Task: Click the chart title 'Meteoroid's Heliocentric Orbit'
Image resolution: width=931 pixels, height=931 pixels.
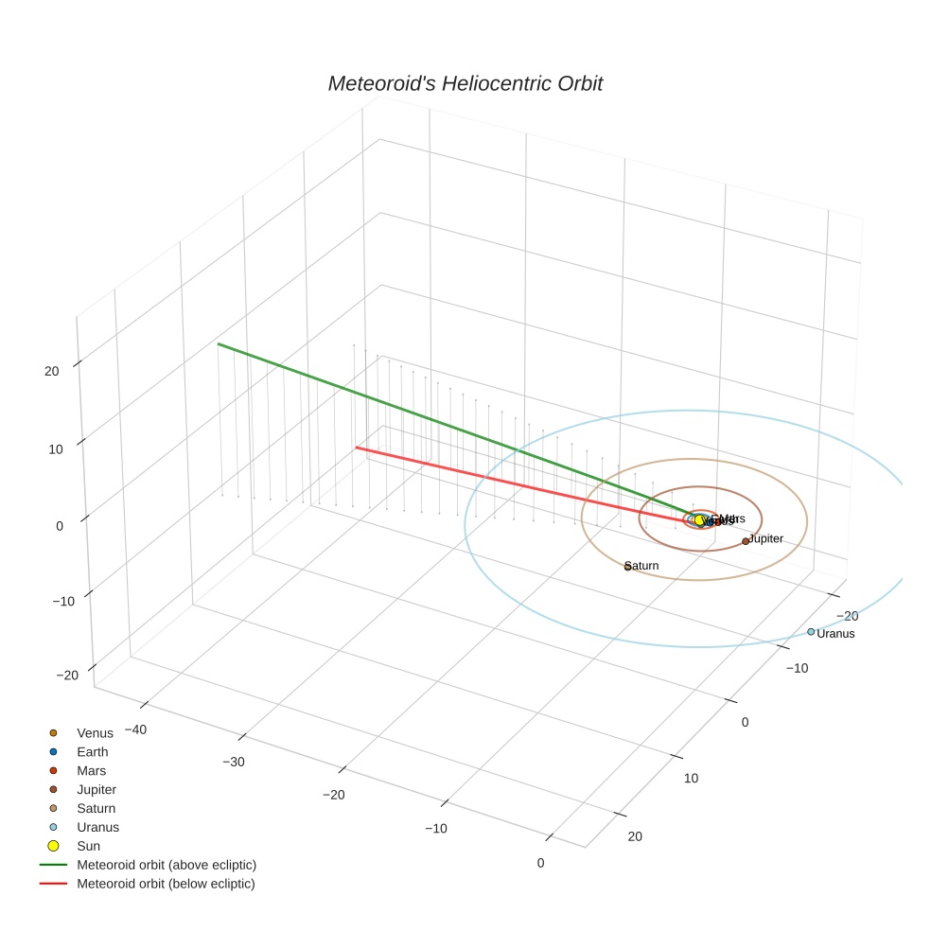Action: click(465, 84)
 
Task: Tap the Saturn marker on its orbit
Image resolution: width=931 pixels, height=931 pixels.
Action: click(627, 567)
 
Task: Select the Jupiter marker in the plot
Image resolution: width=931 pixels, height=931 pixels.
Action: click(746, 541)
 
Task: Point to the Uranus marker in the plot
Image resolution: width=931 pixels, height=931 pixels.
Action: click(811, 632)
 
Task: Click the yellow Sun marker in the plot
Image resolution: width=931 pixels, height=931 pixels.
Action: click(700, 520)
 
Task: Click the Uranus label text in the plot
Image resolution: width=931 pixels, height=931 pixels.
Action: click(836, 634)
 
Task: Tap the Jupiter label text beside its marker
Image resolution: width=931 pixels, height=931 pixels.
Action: click(766, 538)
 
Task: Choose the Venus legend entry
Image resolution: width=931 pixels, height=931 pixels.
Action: click(95, 733)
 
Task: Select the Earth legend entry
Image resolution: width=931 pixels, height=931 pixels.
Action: click(93, 752)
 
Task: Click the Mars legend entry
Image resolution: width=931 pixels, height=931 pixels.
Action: click(92, 771)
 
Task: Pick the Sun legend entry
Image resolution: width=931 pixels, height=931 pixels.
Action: click(89, 846)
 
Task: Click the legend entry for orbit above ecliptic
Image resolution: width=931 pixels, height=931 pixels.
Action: click(167, 865)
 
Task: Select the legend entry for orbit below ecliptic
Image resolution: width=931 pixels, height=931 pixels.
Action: click(167, 884)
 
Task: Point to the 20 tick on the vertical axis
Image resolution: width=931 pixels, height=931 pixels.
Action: click(52, 371)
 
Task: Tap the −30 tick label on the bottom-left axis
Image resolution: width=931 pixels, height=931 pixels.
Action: click(233, 763)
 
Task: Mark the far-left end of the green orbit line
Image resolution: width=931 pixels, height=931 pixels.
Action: click(219, 343)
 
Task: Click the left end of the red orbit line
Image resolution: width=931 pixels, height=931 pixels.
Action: click(356, 448)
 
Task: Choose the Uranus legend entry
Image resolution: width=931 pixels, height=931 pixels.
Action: click(97, 827)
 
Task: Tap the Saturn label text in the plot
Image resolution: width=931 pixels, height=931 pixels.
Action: click(643, 566)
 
